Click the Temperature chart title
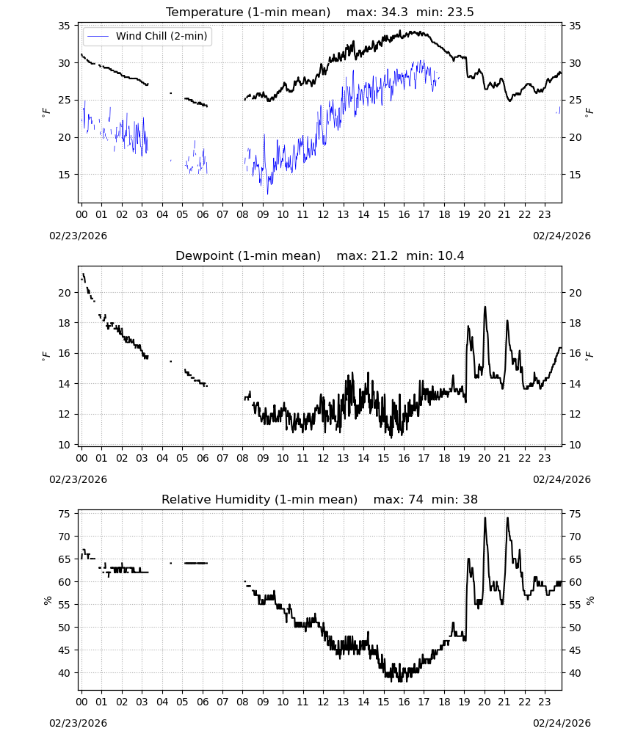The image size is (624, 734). (x=248, y=12)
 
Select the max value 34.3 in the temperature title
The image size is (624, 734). (x=394, y=12)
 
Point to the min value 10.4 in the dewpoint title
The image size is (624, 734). (x=451, y=256)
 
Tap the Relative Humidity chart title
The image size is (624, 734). (x=259, y=499)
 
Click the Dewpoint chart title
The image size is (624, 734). (x=248, y=256)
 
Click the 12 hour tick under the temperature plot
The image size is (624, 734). (x=323, y=214)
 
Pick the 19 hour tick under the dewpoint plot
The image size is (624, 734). (x=464, y=458)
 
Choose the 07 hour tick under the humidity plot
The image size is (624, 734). (x=222, y=702)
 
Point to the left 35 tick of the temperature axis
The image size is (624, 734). (x=64, y=26)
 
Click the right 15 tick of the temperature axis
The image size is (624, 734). (x=575, y=175)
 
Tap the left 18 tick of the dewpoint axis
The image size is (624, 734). (x=64, y=323)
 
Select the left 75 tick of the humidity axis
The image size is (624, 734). (x=64, y=514)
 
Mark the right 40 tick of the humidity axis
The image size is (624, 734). (x=575, y=673)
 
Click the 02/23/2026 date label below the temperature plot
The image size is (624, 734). (x=78, y=236)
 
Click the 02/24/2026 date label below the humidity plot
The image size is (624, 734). (x=562, y=723)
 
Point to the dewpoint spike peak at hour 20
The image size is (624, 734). (x=485, y=307)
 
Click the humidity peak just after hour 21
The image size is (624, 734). (x=507, y=517)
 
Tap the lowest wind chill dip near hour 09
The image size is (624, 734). (x=268, y=193)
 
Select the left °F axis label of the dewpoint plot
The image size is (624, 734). (x=46, y=355)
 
